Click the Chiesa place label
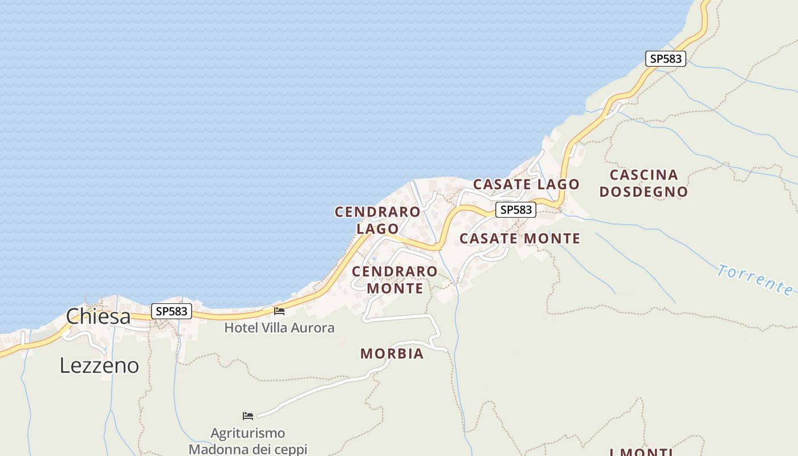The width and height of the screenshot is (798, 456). pyautogui.click(x=98, y=316)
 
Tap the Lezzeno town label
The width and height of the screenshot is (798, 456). pyautogui.click(x=99, y=365)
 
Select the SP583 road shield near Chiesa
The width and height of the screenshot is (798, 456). pyautogui.click(x=172, y=311)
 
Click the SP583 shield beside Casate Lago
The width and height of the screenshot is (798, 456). pyautogui.click(x=515, y=210)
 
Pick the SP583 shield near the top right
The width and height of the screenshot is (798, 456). pyautogui.click(x=665, y=58)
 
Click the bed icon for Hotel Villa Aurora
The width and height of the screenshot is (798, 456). pyautogui.click(x=279, y=311)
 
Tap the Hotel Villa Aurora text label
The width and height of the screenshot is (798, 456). pyautogui.click(x=279, y=328)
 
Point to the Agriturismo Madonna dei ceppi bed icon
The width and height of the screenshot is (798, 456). pyautogui.click(x=248, y=416)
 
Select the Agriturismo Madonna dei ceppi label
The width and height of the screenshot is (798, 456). pyautogui.click(x=248, y=441)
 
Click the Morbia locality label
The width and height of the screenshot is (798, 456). pyautogui.click(x=392, y=354)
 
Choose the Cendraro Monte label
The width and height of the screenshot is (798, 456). pyautogui.click(x=394, y=279)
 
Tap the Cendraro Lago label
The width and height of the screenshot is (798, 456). pyautogui.click(x=377, y=220)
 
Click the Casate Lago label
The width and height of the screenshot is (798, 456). pyautogui.click(x=526, y=184)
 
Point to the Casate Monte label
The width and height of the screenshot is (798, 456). pyautogui.click(x=520, y=238)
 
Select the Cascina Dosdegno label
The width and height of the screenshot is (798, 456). pyautogui.click(x=644, y=183)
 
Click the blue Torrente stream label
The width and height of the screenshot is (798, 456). pyautogui.click(x=755, y=279)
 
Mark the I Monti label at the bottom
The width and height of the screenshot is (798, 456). pyautogui.click(x=641, y=452)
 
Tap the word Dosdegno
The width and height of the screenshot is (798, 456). pyautogui.click(x=644, y=192)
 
